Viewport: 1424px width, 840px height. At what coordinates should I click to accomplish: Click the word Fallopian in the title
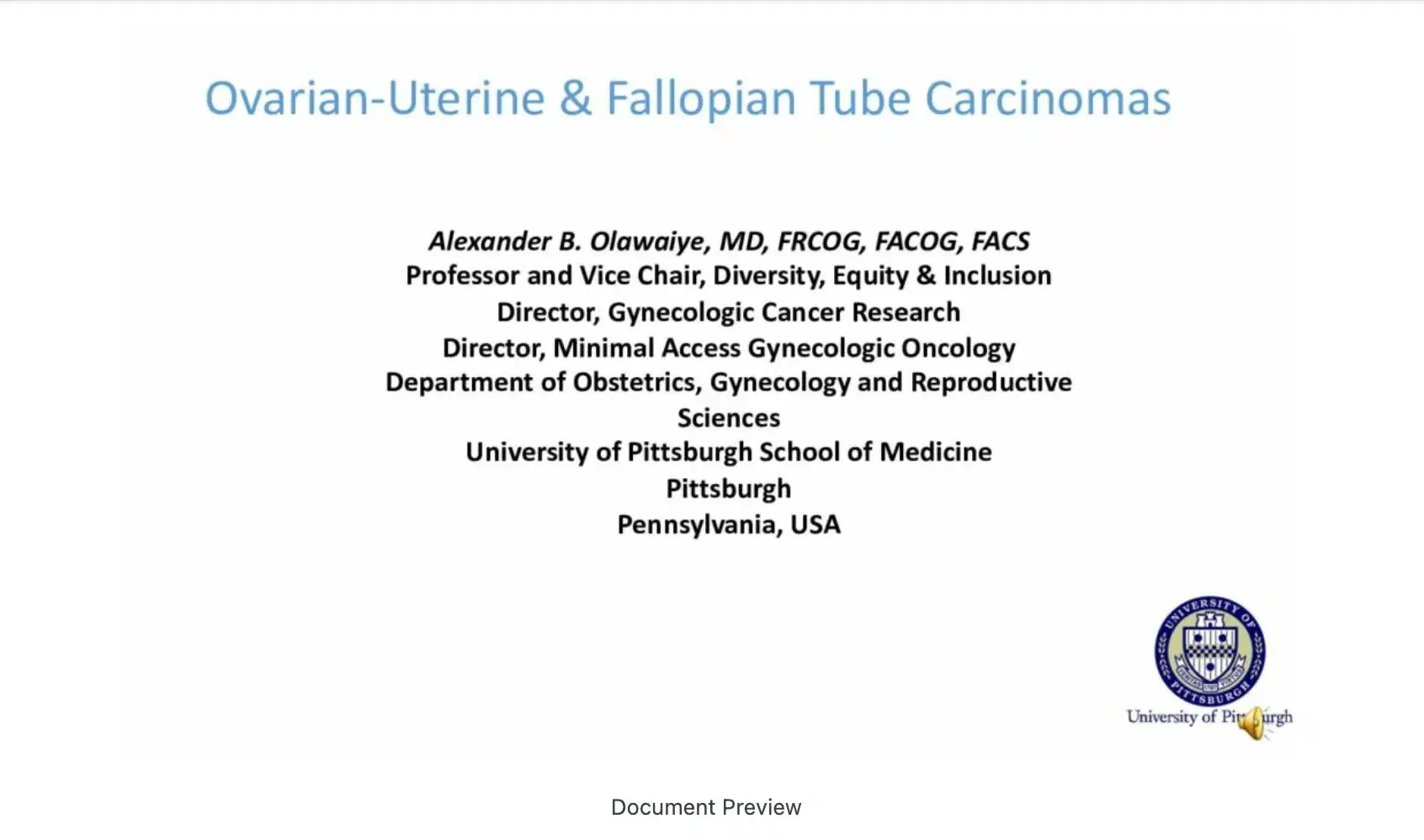pyautogui.click(x=700, y=99)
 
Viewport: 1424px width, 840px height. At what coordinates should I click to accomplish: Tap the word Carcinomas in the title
pyautogui.click(x=1048, y=99)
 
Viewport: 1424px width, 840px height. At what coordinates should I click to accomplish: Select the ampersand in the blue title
pyautogui.click(x=576, y=99)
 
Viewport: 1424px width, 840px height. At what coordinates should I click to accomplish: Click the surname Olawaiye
pyautogui.click(x=647, y=242)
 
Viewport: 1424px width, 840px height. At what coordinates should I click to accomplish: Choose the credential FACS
pyautogui.click(x=1000, y=242)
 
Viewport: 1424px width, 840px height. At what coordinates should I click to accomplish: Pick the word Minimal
pyautogui.click(x=603, y=348)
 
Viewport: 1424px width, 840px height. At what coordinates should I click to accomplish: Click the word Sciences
pyautogui.click(x=729, y=418)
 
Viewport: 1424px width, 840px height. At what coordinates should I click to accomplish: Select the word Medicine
pyautogui.click(x=936, y=452)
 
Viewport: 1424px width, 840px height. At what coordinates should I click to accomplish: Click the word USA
pyautogui.click(x=816, y=524)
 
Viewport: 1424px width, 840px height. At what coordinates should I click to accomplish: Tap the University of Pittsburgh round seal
pyautogui.click(x=1209, y=651)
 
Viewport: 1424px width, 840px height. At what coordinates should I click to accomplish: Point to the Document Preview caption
pyautogui.click(x=706, y=807)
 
